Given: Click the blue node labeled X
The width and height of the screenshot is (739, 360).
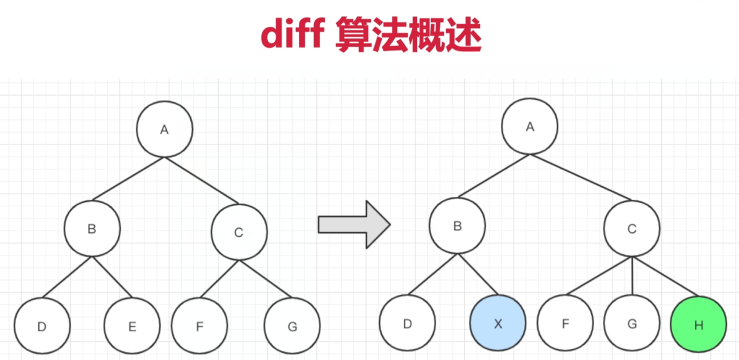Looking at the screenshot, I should [x=498, y=323].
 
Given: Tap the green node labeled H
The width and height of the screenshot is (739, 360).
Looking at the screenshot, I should [x=698, y=325].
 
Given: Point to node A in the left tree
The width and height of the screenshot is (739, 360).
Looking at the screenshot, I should [x=164, y=129].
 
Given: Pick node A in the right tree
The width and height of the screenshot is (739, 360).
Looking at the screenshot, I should [x=530, y=127].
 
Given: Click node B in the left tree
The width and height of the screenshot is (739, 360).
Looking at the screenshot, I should [x=92, y=229].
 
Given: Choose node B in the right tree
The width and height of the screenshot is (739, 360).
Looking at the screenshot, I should [x=457, y=226].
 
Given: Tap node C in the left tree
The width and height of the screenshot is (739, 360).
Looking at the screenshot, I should [x=239, y=232].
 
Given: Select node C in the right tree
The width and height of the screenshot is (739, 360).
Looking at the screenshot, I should [x=632, y=228].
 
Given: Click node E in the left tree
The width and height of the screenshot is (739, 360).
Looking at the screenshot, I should [x=132, y=327].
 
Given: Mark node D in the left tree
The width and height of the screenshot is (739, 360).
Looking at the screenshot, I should [x=42, y=327].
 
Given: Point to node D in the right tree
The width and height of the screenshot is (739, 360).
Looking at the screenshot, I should [x=407, y=323].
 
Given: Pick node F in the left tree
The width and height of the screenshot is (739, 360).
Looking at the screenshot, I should [x=199, y=327].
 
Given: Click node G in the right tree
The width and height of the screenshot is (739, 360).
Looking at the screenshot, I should [x=632, y=323].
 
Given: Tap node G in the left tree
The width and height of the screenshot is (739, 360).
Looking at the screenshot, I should [x=292, y=327].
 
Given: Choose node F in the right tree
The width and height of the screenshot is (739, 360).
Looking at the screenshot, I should [x=565, y=323].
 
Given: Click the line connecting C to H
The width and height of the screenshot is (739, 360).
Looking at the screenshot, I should [x=665, y=277].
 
